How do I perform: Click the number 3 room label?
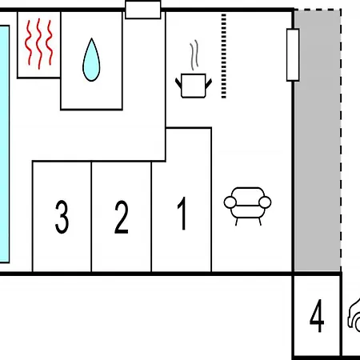pyautogui.click(x=62, y=217)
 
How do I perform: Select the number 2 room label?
pyautogui.click(x=122, y=217)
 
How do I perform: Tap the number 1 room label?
pyautogui.click(x=182, y=214)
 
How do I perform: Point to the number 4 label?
pyautogui.click(x=317, y=316)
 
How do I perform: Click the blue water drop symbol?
pyautogui.click(x=91, y=60)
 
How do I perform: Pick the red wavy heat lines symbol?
pyautogui.click(x=39, y=43)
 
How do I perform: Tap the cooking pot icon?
pyautogui.click(x=194, y=86)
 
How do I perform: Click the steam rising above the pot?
pyautogui.click(x=194, y=55)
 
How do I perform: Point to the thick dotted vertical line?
pyautogui.click(x=224, y=56)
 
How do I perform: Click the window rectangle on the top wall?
pyautogui.click(x=143, y=10)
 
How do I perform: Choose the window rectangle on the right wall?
pyautogui.click(x=293, y=55)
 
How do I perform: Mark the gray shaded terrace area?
pyautogui.click(x=318, y=141)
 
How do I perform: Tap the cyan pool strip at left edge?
pyautogui.click(x=5, y=144)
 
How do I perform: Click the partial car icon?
pyautogui.click(x=354, y=314)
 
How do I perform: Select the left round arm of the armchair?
pyautogui.click(x=230, y=202)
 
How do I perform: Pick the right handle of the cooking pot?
pyautogui.click(x=209, y=83)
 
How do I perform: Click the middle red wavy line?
pyautogui.click(x=39, y=44)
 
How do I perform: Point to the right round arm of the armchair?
pyautogui.click(x=265, y=202)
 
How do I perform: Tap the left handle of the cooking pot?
pyautogui.click(x=178, y=83)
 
